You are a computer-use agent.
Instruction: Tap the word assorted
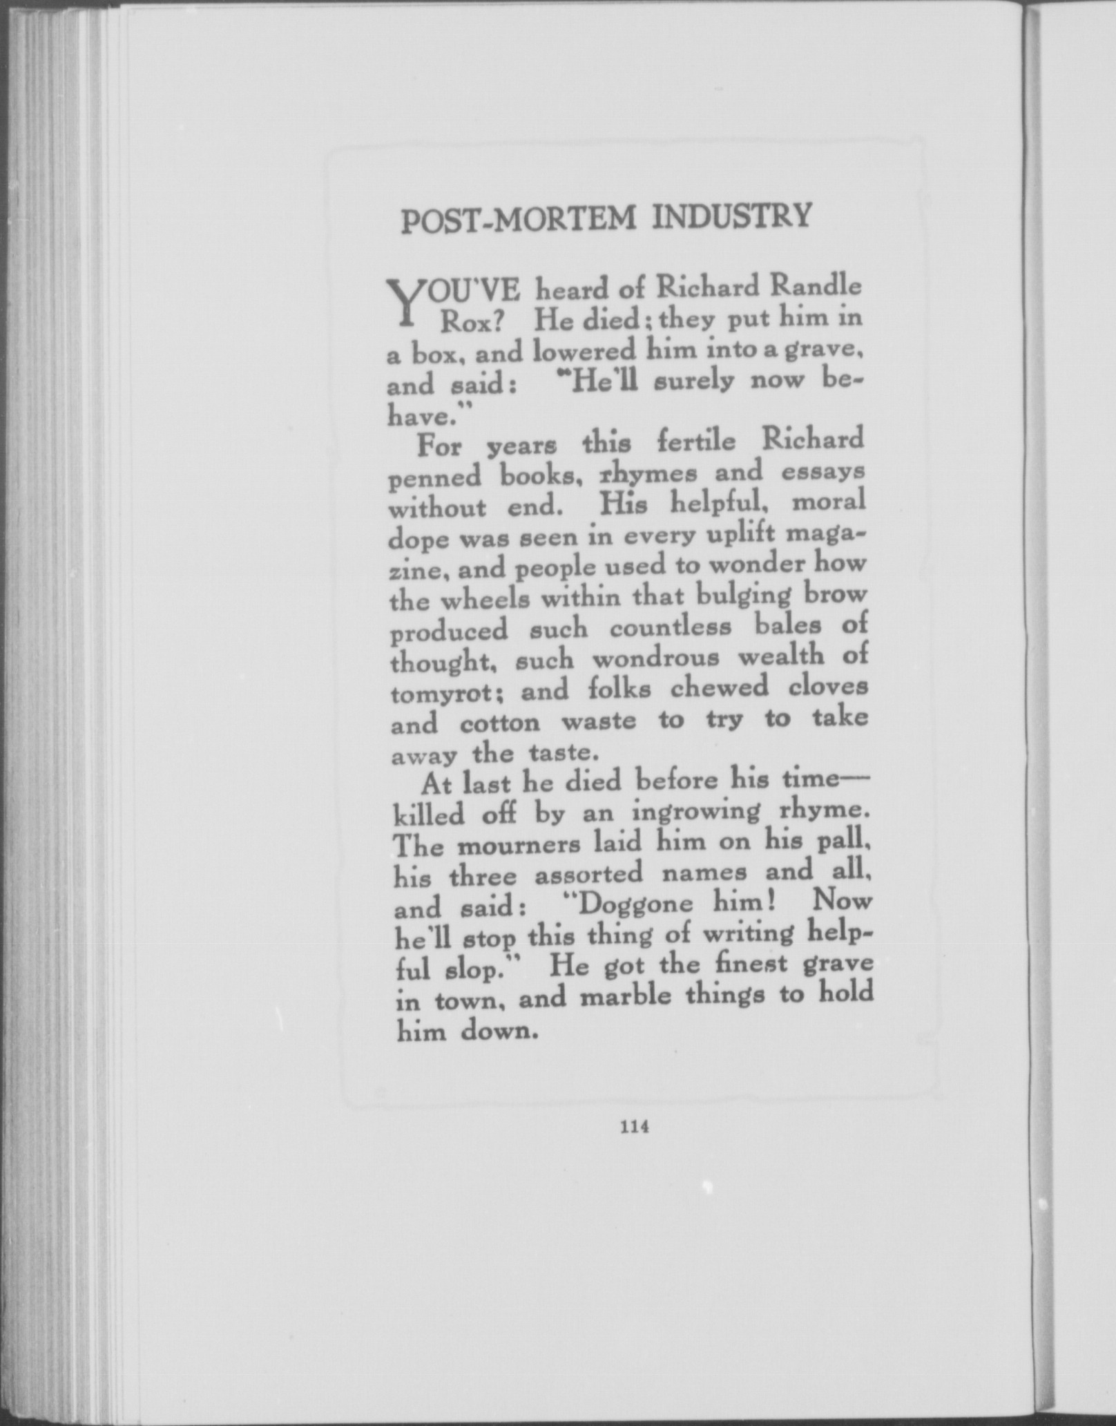[x=590, y=875]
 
